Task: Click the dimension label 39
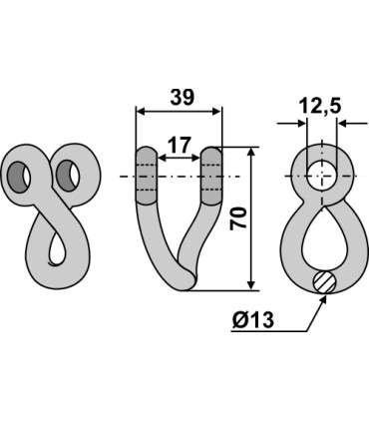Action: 182,98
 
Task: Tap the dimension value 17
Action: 180,145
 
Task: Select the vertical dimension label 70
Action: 239,217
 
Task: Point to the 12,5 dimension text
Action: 319,107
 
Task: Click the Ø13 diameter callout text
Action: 253,320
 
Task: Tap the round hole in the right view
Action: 321,175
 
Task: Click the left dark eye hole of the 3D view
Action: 20,178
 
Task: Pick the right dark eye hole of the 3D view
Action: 68,176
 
